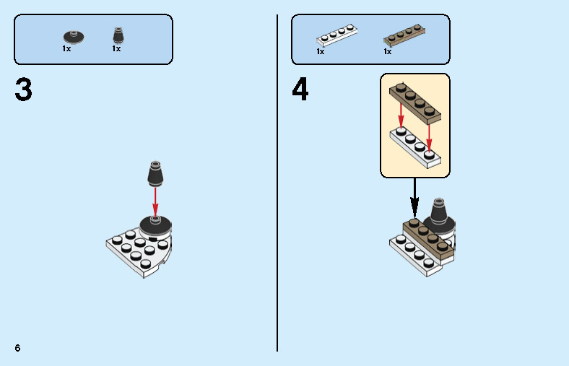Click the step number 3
click(24, 90)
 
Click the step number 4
click(300, 89)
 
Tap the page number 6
click(17, 348)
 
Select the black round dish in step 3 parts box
click(74, 37)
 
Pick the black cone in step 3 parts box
click(118, 35)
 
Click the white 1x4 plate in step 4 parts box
click(336, 35)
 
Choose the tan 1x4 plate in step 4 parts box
click(404, 35)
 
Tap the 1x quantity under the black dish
click(66, 48)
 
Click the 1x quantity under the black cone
click(116, 48)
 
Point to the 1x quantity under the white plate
click(321, 51)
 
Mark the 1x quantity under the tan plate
click(388, 51)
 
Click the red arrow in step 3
click(155, 201)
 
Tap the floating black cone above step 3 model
click(155, 173)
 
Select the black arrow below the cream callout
click(414, 198)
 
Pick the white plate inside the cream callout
click(415, 148)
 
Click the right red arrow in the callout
click(429, 138)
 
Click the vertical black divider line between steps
click(277, 183)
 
